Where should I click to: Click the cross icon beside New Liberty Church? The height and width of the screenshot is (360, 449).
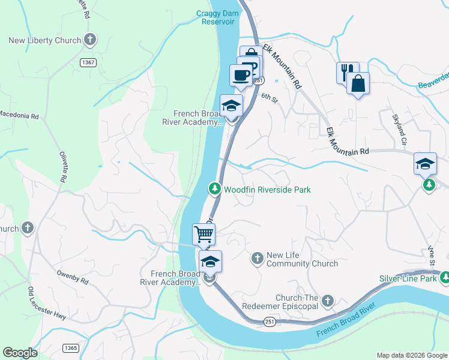[x=90, y=40]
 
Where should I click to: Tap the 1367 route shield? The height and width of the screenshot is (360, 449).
[x=88, y=62]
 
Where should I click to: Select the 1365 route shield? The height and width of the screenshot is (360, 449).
[x=70, y=348]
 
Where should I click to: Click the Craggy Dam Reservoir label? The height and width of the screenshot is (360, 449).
[x=215, y=17]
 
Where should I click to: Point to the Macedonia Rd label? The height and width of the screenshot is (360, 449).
[x=19, y=114]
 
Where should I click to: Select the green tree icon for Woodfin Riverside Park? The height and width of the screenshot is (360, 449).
[x=214, y=189]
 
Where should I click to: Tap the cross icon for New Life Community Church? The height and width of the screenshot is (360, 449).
[x=257, y=257]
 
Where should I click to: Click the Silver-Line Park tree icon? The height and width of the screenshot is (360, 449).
[x=445, y=278]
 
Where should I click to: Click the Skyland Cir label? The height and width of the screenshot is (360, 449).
[x=399, y=128]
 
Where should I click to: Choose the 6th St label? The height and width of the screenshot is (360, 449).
[x=270, y=97]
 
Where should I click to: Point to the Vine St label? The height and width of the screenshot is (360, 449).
[x=431, y=254]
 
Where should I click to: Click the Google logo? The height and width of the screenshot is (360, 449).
[x=20, y=353]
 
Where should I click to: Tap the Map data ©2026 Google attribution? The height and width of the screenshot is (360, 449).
[x=412, y=355]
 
